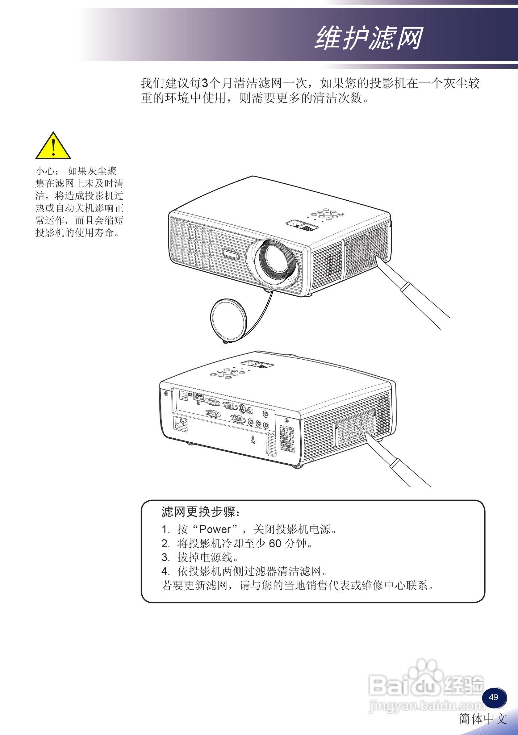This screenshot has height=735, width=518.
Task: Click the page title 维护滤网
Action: point(369,38)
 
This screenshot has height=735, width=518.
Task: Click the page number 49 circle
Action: point(494,697)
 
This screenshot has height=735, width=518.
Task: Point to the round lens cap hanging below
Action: point(228,320)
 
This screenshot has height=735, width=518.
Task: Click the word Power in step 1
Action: point(215,529)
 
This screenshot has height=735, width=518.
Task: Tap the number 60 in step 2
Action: point(275,544)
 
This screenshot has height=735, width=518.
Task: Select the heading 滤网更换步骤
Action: point(200,512)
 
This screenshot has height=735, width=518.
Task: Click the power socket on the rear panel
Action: point(181,424)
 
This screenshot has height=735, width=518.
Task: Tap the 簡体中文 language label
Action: point(483,719)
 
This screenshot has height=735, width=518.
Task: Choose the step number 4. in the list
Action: point(165,571)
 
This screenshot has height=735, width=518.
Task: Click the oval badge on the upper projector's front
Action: point(230,254)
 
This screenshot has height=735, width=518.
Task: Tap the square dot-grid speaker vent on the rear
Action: point(287,438)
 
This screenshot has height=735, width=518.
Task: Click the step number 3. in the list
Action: point(165,557)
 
